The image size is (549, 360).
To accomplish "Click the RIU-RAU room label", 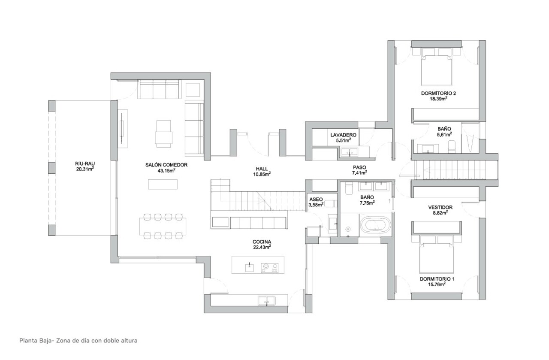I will pos(84,163).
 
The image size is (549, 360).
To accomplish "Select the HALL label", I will pos(262,169).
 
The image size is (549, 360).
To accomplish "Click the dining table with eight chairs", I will pos(163,225).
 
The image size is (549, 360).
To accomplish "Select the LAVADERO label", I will pos(341,135).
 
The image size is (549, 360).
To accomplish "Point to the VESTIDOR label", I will pos(440,207).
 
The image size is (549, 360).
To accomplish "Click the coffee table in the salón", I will pos(163,184).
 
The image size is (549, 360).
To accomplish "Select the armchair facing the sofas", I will pos(163,133).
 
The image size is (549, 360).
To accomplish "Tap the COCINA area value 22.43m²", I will pos(261,247).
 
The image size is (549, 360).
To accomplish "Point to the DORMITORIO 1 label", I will pos(437,278).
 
